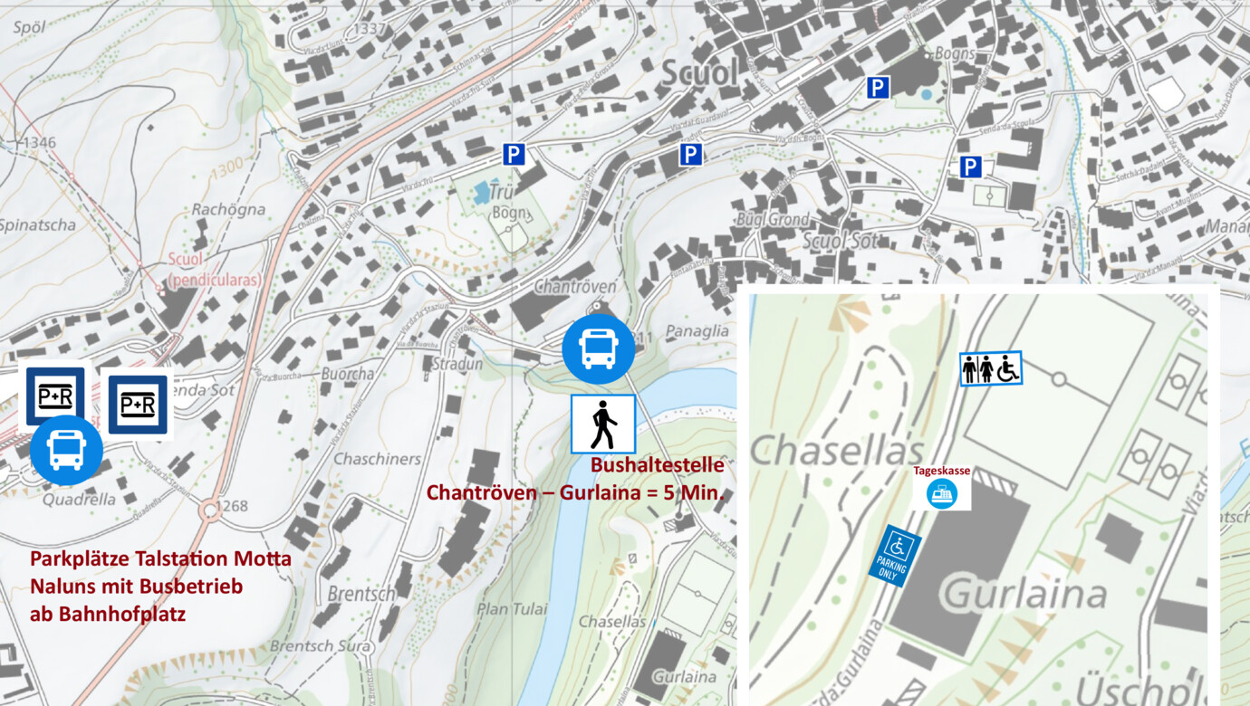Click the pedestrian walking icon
(602, 424)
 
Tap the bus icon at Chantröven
(598, 348)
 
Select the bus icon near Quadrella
(66, 450)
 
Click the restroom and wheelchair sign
(991, 368)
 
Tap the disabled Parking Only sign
(895, 556)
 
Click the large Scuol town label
(699, 74)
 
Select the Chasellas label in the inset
(836, 450)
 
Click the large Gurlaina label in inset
(1024, 595)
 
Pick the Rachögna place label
(228, 209)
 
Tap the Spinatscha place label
(38, 225)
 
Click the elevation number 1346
(38, 143)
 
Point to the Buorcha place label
(347, 373)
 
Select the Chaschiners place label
(377, 459)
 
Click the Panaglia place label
(696, 331)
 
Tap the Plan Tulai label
(513, 609)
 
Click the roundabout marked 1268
(209, 510)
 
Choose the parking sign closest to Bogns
(878, 88)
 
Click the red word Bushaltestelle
(657, 465)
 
